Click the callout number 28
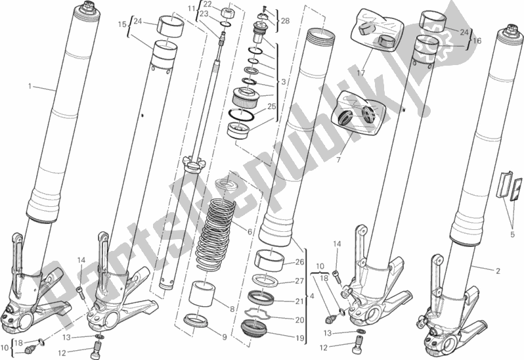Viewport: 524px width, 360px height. click(x=284, y=22)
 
